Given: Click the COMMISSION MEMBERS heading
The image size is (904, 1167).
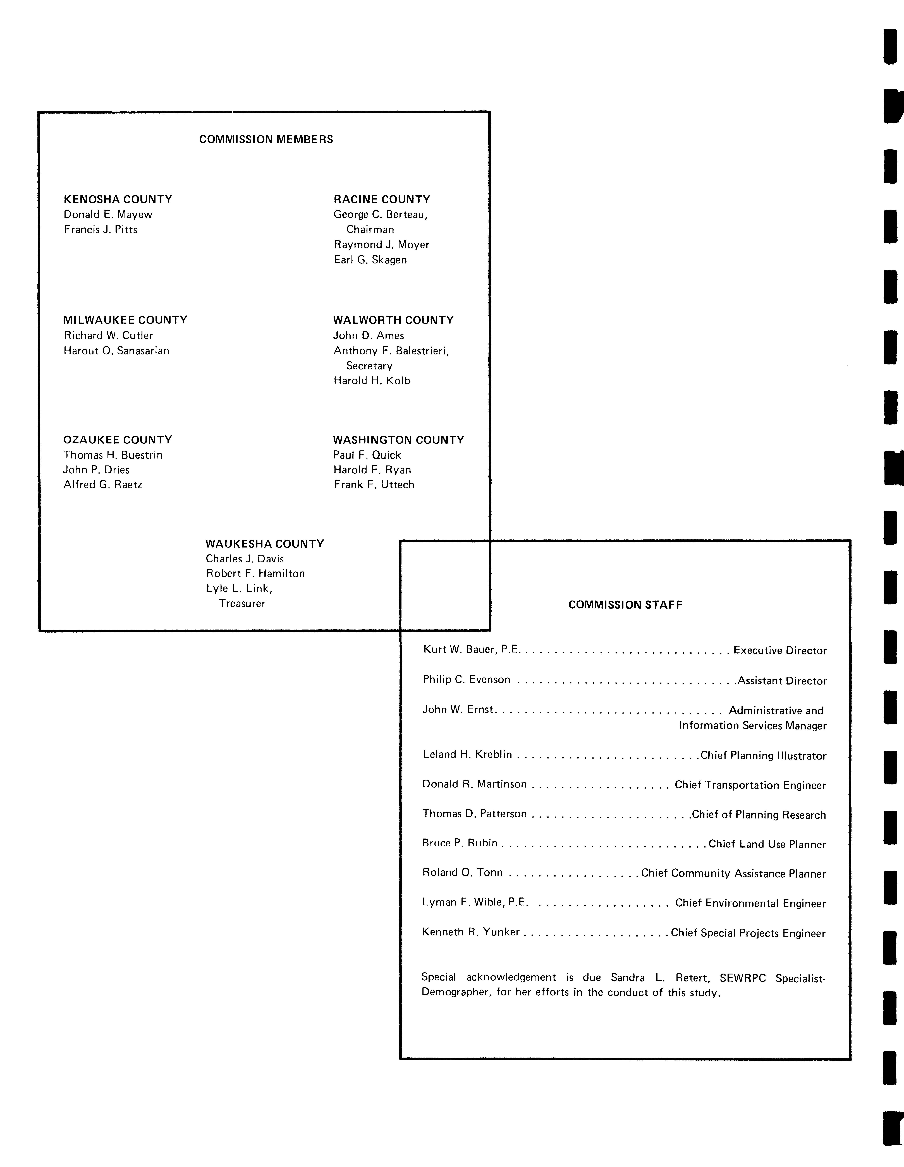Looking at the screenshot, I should pos(266,140).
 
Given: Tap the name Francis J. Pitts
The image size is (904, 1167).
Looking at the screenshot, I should pos(101,230).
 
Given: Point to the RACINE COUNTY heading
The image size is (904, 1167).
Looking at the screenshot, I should pos(382,199).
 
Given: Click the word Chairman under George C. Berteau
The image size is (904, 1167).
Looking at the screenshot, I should pos(370,230).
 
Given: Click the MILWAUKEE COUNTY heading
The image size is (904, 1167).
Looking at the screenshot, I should pos(125,320).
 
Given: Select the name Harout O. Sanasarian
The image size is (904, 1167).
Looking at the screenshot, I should pos(116,351).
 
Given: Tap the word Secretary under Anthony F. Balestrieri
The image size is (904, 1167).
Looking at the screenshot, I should pos(369,366).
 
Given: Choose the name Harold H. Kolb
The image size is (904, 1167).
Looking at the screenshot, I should pos(372,381).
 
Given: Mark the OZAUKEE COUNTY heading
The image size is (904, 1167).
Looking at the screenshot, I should pos(118,440).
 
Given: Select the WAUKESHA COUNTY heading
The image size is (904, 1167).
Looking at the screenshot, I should pos(265,544).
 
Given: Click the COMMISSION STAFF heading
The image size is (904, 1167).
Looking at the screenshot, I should pos(625,605).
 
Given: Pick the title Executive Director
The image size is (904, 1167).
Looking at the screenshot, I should pos(780,651).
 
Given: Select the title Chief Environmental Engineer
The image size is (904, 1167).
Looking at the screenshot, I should pos(750,903).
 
